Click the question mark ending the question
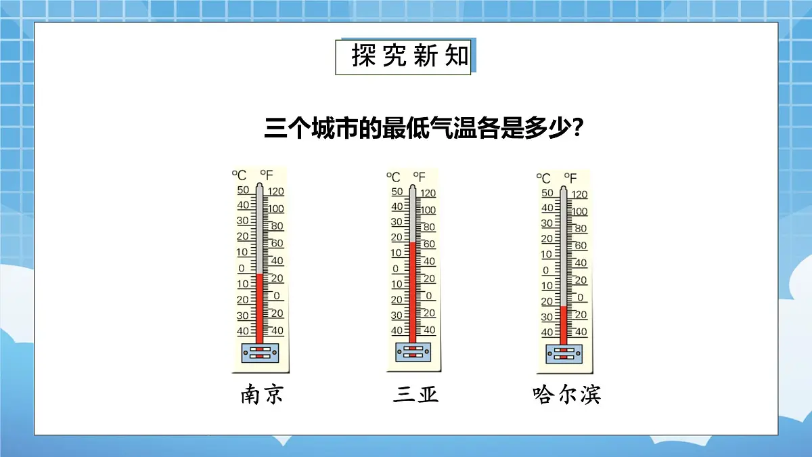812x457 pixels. pyautogui.click(x=579, y=128)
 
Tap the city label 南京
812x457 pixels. pyautogui.click(x=261, y=395)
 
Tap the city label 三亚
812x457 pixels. pyautogui.click(x=415, y=395)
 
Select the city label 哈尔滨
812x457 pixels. pyautogui.click(x=567, y=395)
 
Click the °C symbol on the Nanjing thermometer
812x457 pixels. pyautogui.click(x=240, y=175)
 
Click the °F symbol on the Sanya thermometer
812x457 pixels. pyautogui.click(x=419, y=177)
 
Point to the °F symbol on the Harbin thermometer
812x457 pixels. pyautogui.click(x=570, y=179)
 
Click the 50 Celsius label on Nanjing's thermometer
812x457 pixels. pyautogui.click(x=243, y=190)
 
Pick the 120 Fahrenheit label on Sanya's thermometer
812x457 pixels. pyautogui.click(x=428, y=194)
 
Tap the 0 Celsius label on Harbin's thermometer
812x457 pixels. pyautogui.click(x=546, y=270)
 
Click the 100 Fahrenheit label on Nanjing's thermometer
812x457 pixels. pyautogui.click(x=275, y=209)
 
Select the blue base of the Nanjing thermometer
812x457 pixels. pyautogui.click(x=260, y=353)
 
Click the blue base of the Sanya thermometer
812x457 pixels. pyautogui.click(x=412, y=352)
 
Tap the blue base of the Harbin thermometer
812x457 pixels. pyautogui.click(x=563, y=353)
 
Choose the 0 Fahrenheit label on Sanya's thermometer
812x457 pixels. pyautogui.click(x=428, y=296)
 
